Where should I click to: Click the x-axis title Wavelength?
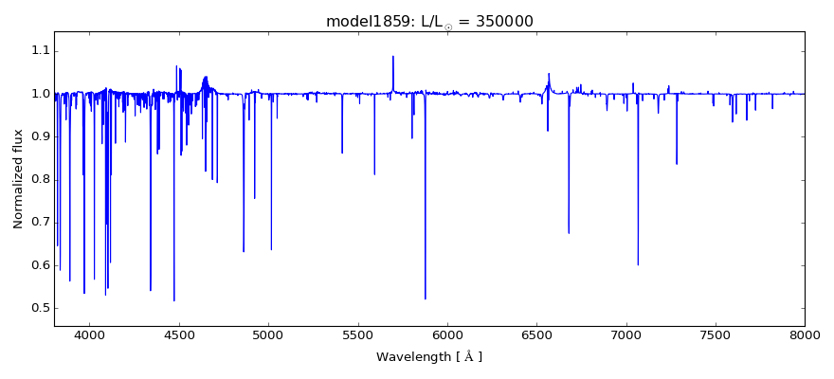429,357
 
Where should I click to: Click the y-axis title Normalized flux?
19,179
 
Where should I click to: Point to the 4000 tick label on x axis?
90,334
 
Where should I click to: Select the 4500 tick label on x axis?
179,334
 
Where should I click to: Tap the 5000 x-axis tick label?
268,334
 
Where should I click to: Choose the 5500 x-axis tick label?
358,334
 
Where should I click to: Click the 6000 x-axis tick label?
447,334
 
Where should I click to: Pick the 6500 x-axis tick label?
536,334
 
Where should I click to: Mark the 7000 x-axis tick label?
626,334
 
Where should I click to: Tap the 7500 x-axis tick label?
716,334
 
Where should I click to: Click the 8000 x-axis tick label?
805,334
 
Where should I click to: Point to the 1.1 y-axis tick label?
39,51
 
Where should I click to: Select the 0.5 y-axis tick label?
39,308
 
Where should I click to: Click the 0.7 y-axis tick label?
39,223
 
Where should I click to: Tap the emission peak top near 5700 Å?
393,57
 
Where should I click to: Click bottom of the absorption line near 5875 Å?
426,298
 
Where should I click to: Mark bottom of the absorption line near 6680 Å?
569,232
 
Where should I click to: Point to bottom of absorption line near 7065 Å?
638,264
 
